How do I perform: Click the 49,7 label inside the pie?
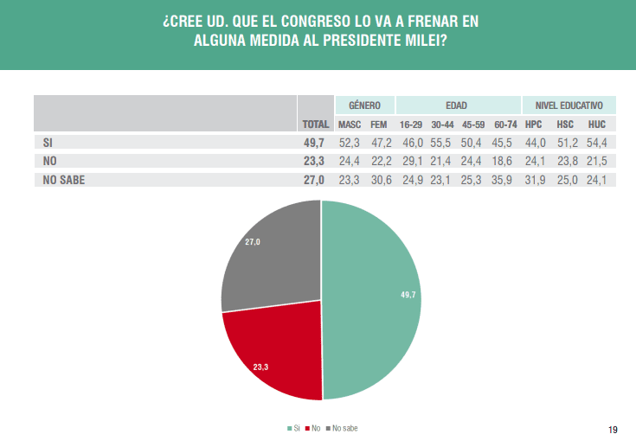coord(408,295)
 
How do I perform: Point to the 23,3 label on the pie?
coord(261,367)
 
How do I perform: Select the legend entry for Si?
coord(293,428)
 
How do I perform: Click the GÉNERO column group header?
coord(364,105)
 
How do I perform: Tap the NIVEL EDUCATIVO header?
coord(569,105)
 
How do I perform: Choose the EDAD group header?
coord(457,105)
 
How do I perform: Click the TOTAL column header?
coord(316,125)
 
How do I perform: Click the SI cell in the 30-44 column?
coord(442,142)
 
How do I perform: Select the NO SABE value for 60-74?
coord(505,180)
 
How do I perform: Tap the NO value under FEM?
coord(381,161)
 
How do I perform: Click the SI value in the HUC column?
coord(597,142)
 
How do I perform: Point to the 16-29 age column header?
coord(410,125)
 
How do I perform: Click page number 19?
coord(613,430)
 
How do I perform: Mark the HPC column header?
coord(534,125)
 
